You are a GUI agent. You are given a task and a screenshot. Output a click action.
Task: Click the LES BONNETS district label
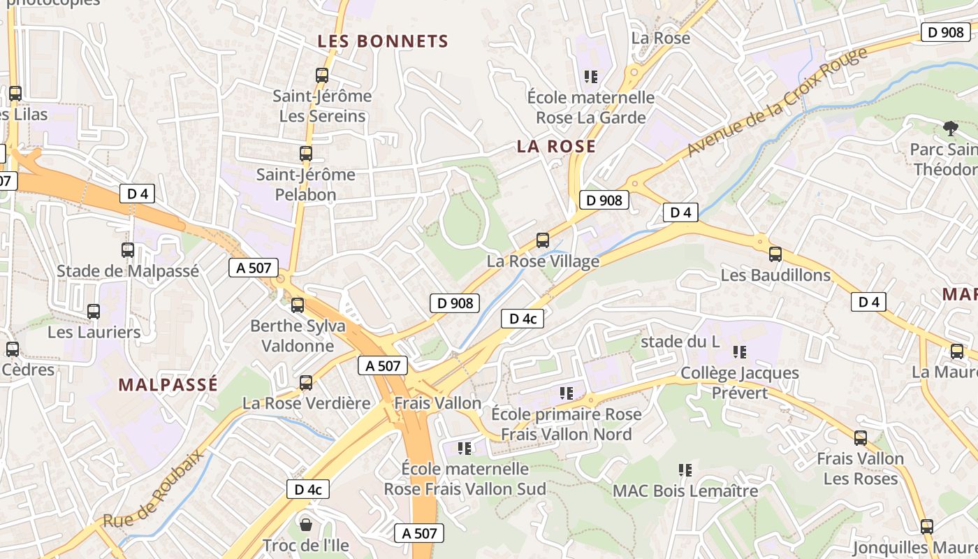click(x=383, y=41)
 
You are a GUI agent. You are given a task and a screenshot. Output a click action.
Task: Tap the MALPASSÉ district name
click(x=168, y=384)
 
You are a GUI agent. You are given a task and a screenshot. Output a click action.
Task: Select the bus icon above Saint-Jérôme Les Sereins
click(x=322, y=75)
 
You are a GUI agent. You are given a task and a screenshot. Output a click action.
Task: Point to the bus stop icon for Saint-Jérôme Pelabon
click(x=306, y=154)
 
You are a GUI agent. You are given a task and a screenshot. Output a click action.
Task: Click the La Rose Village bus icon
click(x=543, y=240)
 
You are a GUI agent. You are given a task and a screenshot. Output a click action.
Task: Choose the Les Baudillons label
click(x=775, y=275)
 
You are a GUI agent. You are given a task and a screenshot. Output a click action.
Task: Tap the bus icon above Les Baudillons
click(x=775, y=254)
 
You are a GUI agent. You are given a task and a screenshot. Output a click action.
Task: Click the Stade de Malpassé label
click(x=128, y=271)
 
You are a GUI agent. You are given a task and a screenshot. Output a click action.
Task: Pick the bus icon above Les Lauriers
click(x=94, y=312)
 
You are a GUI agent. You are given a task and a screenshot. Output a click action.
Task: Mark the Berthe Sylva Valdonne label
click(x=298, y=335)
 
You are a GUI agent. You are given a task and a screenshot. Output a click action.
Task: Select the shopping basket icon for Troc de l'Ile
click(x=306, y=523)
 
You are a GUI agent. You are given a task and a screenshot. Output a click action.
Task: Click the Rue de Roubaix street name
click(x=154, y=489)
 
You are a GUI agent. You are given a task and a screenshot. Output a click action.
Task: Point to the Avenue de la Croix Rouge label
click(x=777, y=102)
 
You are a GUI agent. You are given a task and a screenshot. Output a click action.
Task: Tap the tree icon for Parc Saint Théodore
click(x=950, y=128)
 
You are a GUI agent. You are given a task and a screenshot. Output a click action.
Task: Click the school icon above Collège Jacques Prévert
click(x=740, y=351)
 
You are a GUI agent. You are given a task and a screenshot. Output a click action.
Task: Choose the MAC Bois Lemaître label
click(x=685, y=491)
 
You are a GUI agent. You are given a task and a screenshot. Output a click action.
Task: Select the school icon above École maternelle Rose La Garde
click(x=591, y=76)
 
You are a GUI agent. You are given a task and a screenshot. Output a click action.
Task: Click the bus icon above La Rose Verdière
click(x=306, y=382)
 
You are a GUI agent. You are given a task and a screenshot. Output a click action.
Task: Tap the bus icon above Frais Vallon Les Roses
click(x=861, y=438)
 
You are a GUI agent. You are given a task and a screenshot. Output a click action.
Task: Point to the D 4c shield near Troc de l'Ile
click(x=308, y=489)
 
